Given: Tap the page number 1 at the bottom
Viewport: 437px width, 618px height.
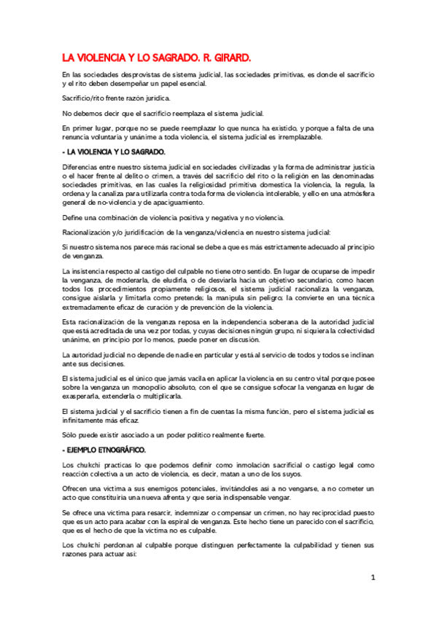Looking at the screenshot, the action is [x=372, y=577].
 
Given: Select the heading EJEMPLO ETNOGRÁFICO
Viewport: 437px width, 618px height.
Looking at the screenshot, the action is [x=106, y=450].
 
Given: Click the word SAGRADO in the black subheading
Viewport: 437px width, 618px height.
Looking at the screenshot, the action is [x=144, y=152].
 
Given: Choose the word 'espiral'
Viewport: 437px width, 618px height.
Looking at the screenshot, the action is [x=217, y=523].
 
